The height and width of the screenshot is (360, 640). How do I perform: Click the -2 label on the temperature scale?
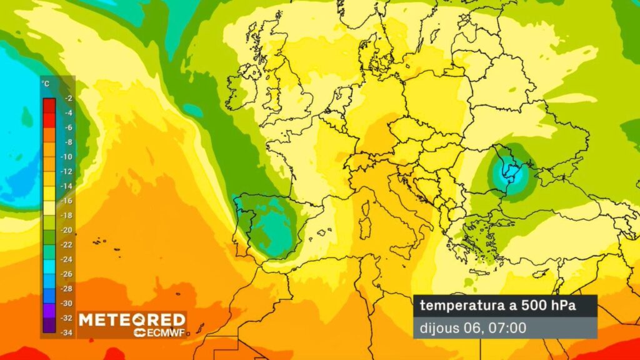tap(68, 99)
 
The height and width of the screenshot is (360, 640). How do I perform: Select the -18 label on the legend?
tap(67, 214)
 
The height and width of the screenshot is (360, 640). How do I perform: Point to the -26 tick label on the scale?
tap(67, 273)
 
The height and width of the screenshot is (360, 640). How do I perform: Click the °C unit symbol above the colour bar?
tap(45, 83)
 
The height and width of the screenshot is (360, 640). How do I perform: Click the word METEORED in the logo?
tap(132, 319)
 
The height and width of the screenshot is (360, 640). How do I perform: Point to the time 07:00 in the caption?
tap(507, 327)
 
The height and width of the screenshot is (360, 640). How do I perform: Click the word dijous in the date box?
tap(438, 327)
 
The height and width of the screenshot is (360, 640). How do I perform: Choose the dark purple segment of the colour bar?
tap(49, 324)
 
